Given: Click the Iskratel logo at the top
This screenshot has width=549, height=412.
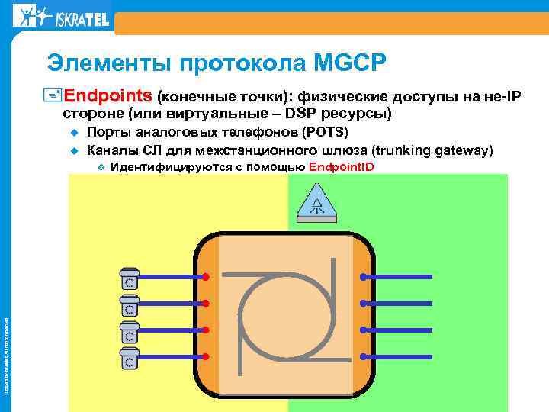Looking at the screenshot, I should click(x=62, y=16).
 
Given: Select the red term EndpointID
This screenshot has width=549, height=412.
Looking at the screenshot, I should click(x=342, y=167).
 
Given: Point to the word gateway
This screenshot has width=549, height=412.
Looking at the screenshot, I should click(x=459, y=150).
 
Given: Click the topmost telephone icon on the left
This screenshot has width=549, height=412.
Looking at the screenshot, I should click(x=130, y=276).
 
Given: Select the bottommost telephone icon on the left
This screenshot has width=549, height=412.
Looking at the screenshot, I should click(x=130, y=359).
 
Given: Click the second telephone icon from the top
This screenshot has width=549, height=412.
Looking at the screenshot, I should click(x=130, y=304).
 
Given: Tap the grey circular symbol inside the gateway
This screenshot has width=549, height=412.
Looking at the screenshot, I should click(x=285, y=317).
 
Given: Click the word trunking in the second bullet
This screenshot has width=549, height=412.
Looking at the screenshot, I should click(x=400, y=150).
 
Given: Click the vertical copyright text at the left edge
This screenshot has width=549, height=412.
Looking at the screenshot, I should click(x=7, y=336).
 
